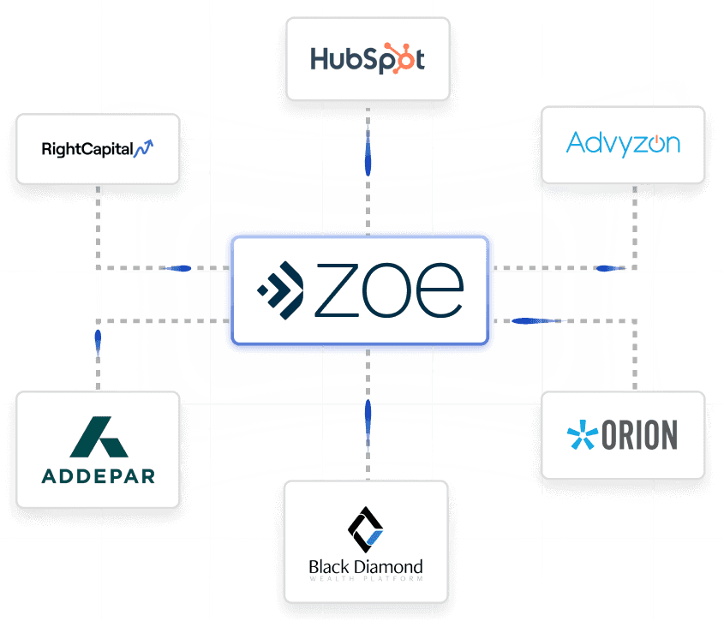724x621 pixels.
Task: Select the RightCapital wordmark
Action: (87, 149)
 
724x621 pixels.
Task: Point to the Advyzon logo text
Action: (623, 143)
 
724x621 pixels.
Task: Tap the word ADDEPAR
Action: (99, 475)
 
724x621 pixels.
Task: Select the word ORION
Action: (639, 435)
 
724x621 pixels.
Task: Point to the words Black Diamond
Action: (366, 566)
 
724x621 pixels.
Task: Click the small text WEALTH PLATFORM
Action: (366, 579)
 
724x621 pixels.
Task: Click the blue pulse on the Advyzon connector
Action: (610, 268)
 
